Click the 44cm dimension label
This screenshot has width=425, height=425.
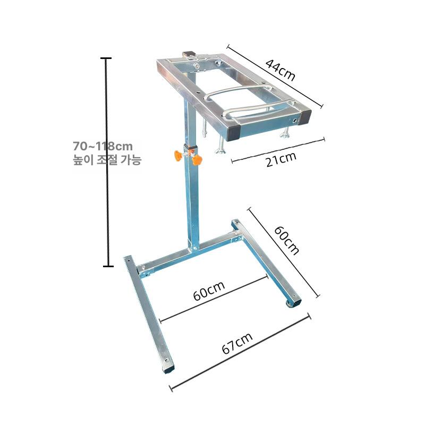click(x=280, y=70)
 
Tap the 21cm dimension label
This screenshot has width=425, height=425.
click(x=281, y=160)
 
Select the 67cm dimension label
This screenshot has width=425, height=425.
click(x=237, y=343)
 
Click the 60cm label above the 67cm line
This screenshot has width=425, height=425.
click(x=209, y=291)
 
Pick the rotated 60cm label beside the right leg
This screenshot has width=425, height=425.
click(x=286, y=241)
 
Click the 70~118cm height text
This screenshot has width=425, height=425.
click(x=103, y=147)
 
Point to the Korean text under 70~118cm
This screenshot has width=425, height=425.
click(x=107, y=160)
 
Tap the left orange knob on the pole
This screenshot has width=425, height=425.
click(x=177, y=155)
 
